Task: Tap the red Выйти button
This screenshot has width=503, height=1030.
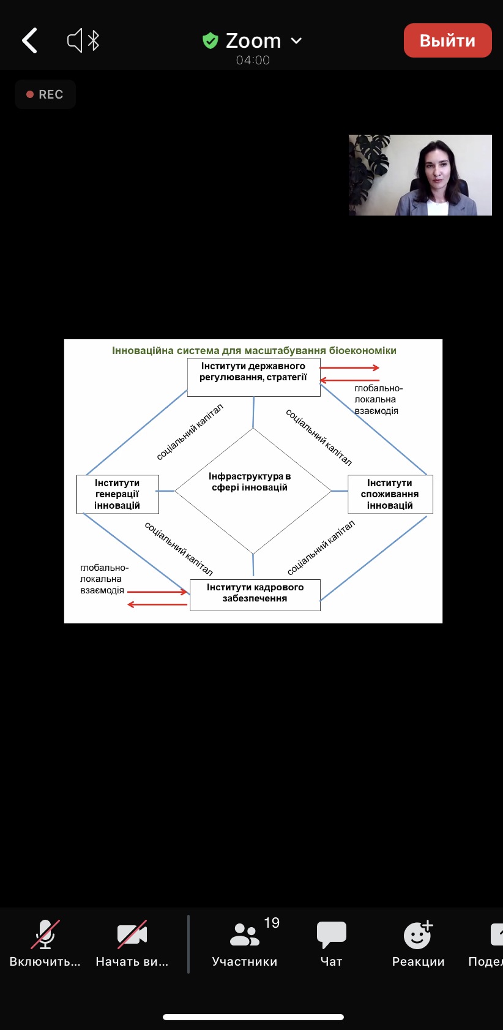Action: (x=447, y=40)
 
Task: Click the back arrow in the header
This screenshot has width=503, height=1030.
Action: (x=29, y=40)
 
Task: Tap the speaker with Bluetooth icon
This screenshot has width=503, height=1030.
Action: (x=83, y=41)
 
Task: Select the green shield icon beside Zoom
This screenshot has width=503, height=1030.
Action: (x=211, y=40)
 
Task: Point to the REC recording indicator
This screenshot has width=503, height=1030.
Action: (x=45, y=94)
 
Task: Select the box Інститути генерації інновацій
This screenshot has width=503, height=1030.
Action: (x=117, y=494)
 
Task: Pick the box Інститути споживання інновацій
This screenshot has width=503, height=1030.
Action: (x=390, y=494)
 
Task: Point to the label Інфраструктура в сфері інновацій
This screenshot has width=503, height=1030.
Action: (x=250, y=482)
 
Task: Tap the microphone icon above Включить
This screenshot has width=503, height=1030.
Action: (x=45, y=934)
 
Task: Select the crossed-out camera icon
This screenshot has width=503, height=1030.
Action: (x=132, y=934)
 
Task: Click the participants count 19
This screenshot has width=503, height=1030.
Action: (x=272, y=923)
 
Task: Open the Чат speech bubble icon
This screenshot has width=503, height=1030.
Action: (x=332, y=934)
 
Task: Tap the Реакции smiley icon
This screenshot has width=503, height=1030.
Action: (x=418, y=934)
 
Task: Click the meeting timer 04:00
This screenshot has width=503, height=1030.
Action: (x=253, y=60)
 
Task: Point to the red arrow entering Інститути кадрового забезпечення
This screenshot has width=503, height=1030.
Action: (x=157, y=592)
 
